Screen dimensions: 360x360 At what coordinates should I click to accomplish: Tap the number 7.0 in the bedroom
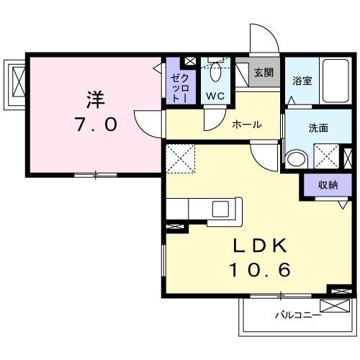(95, 125)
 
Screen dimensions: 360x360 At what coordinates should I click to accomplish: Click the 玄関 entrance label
(264, 73)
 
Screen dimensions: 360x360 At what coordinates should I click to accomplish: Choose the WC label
(216, 96)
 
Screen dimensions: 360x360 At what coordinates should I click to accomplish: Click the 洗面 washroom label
(318, 128)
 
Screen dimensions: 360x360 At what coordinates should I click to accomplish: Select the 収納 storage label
(327, 185)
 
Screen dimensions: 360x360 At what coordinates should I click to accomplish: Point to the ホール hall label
(246, 125)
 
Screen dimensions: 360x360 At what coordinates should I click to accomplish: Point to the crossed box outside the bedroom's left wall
(17, 81)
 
